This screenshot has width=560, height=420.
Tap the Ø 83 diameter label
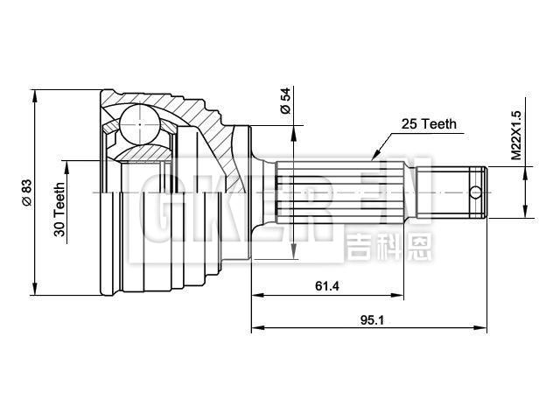(x=27, y=192)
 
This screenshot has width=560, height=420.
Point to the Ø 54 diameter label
(x=285, y=102)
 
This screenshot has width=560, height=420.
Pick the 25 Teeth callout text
(x=429, y=124)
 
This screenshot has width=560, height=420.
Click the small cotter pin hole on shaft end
(x=475, y=191)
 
